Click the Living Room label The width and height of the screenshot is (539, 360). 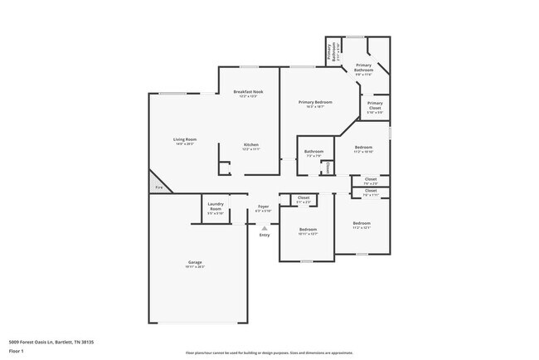(x=184, y=141)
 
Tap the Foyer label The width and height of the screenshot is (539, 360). (x=264, y=208)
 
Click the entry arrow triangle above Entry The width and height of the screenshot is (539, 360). (x=265, y=227)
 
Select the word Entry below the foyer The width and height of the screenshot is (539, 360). (x=265, y=236)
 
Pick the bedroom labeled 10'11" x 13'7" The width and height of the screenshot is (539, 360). (x=308, y=231)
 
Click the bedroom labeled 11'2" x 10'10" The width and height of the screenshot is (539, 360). (x=364, y=149)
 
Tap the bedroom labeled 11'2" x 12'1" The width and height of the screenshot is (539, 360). (x=362, y=225)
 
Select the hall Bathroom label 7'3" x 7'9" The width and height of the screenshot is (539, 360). (x=313, y=153)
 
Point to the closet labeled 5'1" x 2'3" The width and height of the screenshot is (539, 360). (x=303, y=200)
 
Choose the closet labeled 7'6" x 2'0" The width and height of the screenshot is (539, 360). (x=371, y=181)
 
